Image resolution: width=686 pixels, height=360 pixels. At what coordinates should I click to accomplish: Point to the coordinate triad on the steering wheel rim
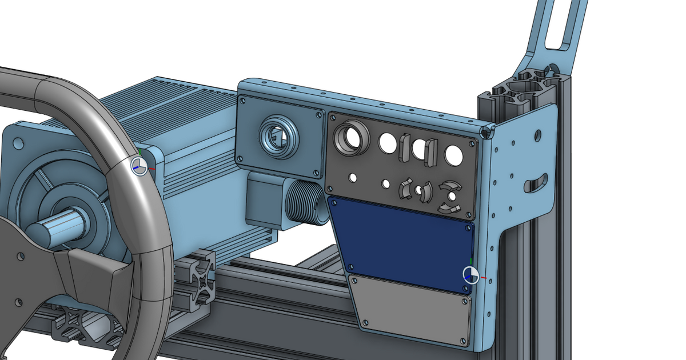pos(139,166)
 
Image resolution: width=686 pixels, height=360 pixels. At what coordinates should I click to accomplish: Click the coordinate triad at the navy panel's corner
pos(470,275)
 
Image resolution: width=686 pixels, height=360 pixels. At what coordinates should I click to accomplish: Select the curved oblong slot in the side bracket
pos(536,183)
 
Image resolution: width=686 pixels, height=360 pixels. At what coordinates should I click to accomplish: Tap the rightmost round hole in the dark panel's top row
pos(454,155)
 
